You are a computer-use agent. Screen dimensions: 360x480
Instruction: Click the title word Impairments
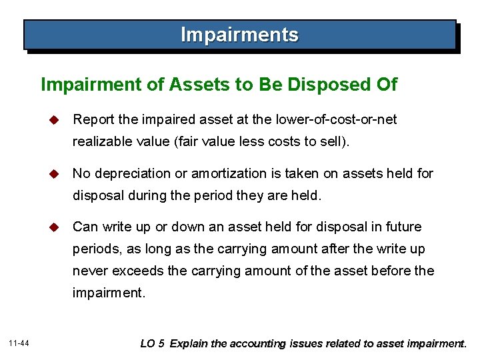tap(240, 35)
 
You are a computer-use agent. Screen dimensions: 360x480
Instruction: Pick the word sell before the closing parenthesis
tap(344, 142)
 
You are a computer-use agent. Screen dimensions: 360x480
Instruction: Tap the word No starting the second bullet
tap(81, 174)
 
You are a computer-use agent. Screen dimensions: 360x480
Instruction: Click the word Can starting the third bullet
tap(85, 227)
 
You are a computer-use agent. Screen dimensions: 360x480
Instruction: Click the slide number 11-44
tap(20, 343)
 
